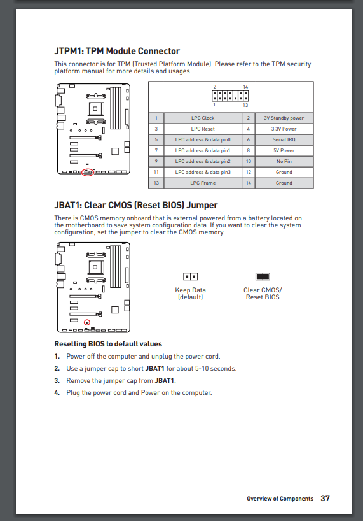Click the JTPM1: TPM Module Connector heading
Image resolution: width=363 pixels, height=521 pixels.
[117, 51]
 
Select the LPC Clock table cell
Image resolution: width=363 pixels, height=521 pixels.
[203, 118]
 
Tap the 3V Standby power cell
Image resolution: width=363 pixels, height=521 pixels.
[284, 118]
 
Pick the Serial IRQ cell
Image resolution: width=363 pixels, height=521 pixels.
[284, 139]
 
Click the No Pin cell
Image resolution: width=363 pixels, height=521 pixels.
[284, 161]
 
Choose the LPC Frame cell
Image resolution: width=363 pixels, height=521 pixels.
[203, 183]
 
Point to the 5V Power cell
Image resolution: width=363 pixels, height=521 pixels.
[284, 150]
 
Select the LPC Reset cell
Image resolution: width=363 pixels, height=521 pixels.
[203, 129]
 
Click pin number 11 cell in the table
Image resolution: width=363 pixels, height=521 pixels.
[156, 172]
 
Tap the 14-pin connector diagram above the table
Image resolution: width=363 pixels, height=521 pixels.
[230, 96]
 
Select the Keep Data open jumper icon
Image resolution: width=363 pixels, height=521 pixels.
[190, 276]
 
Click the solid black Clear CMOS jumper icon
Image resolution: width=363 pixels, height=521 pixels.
[263, 276]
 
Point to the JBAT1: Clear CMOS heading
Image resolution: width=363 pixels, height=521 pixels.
[136, 205]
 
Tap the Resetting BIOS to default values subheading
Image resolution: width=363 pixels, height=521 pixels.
[108, 344]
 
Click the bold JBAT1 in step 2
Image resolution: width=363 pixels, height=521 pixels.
[155, 369]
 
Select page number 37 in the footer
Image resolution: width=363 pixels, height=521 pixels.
[325, 499]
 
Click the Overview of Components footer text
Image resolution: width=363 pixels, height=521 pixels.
[280, 499]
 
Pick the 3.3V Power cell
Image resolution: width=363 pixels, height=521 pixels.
[284, 129]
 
